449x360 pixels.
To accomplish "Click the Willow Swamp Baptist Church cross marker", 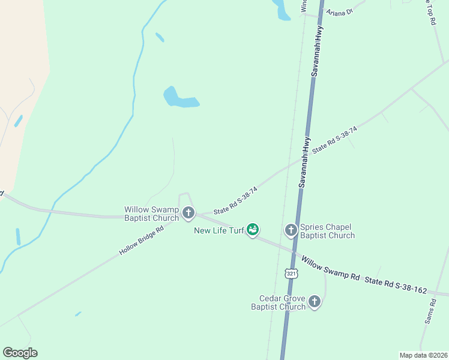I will click(188, 212).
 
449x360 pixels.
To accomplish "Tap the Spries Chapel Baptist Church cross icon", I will click(291, 229).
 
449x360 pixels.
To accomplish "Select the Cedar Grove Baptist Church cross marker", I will click(314, 302).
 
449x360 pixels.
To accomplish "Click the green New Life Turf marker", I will click(253, 229).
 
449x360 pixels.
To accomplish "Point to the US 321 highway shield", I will click(291, 274).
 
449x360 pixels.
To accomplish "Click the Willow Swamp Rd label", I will click(330, 269).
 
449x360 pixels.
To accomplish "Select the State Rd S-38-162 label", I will click(396, 286).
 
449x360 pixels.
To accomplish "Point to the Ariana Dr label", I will click(340, 11).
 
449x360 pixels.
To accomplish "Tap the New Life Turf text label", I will click(218, 230).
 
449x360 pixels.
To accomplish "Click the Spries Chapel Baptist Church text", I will click(327, 231).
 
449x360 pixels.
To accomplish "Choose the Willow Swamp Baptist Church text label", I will click(151, 214).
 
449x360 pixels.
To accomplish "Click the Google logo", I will click(20, 353).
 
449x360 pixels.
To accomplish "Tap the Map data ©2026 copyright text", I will click(423, 355).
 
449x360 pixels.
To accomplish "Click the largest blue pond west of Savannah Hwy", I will click(178, 99).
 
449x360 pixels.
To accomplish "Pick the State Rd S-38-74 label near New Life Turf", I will click(236, 200).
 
